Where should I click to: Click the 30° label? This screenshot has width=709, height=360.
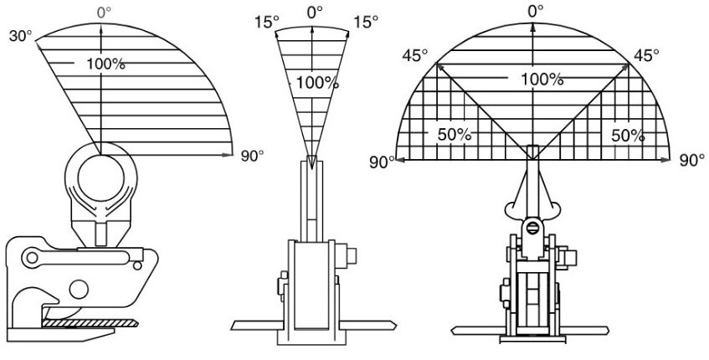tap(19, 36)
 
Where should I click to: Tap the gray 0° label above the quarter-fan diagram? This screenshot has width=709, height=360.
tap(104, 13)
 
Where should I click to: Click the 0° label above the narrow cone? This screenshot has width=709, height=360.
tap(315, 13)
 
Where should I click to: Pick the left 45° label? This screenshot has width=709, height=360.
tap(415, 55)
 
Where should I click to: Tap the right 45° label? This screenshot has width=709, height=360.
tap(646, 55)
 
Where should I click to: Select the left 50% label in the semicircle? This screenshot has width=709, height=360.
tap(455, 135)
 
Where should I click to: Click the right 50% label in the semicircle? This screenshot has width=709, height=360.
tap(628, 135)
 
